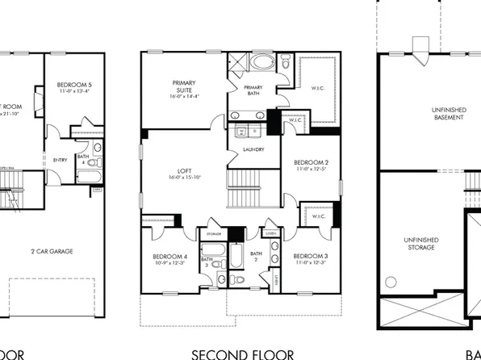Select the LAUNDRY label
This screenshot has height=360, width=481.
pyautogui.click(x=249, y=149)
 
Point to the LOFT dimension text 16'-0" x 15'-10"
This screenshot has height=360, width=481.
pyautogui.click(x=185, y=178)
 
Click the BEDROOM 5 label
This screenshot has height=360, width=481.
pyautogui.click(x=73, y=85)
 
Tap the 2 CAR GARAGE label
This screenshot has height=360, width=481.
pyautogui.click(x=53, y=251)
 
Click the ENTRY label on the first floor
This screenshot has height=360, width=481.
pyautogui.click(x=60, y=160)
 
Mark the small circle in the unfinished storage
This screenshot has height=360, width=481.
pyautogui.click(x=392, y=282)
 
